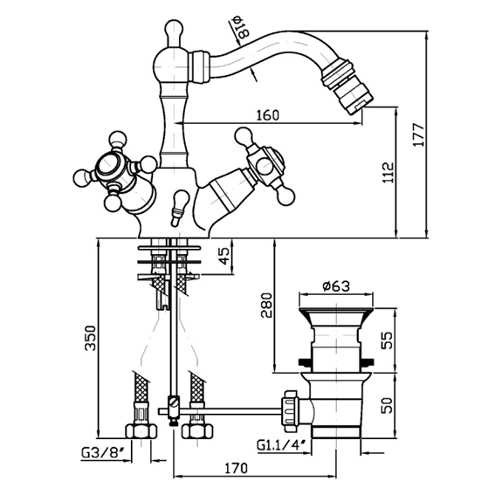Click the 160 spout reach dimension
[x=267, y=115]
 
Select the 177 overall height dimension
[x=419, y=134]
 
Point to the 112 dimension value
[x=388, y=172]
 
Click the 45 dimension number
[x=224, y=256]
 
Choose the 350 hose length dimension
[x=91, y=338]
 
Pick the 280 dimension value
[x=266, y=306]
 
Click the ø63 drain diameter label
[x=336, y=286]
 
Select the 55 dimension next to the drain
[x=387, y=340]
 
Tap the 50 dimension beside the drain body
[x=387, y=406]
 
